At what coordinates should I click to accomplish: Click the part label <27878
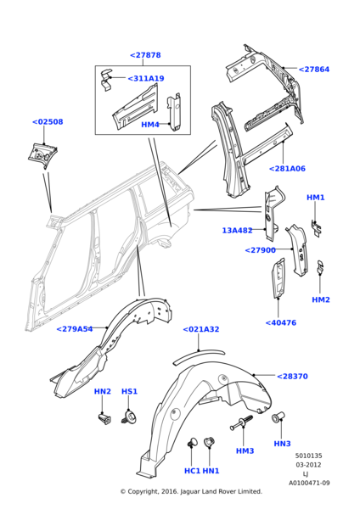click(145, 55)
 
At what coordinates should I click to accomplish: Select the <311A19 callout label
click(146, 79)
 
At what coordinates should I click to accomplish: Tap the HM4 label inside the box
click(150, 125)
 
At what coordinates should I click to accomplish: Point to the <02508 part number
click(48, 122)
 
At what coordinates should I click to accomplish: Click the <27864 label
click(314, 70)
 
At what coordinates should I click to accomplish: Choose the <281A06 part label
click(288, 169)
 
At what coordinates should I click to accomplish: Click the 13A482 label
click(237, 231)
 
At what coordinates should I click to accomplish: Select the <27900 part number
click(261, 250)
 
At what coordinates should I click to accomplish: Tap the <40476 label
click(281, 322)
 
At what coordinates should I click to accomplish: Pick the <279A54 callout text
click(75, 329)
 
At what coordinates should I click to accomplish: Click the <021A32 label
click(201, 329)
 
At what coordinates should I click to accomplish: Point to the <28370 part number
click(292, 377)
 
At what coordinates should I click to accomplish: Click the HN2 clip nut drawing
click(104, 417)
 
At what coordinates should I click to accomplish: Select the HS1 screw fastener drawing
click(129, 417)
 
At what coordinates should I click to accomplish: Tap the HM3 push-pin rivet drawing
click(241, 423)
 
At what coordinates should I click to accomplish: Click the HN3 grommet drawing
click(278, 417)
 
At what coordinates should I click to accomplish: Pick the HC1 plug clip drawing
click(193, 442)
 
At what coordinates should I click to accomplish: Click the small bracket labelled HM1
click(316, 227)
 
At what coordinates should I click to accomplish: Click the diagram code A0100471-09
click(309, 483)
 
